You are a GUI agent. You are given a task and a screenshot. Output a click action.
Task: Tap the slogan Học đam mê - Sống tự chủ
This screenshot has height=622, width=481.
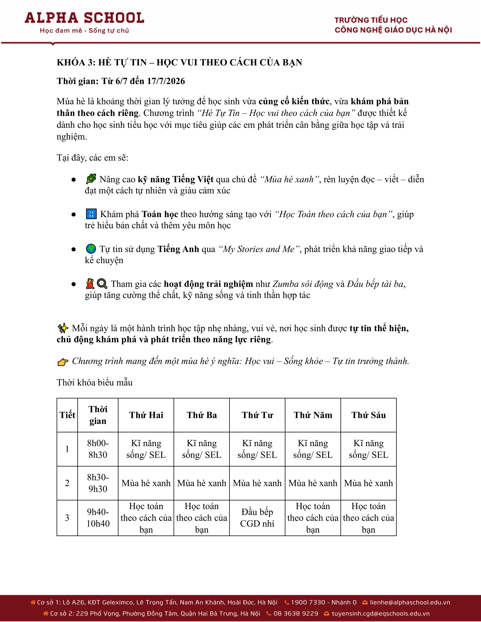84,31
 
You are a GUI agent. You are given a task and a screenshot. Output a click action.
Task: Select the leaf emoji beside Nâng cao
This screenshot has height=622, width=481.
91,179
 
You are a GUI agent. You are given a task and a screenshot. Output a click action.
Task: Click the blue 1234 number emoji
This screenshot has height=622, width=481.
91,214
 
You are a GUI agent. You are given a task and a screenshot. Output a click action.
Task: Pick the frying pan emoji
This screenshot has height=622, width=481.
102,284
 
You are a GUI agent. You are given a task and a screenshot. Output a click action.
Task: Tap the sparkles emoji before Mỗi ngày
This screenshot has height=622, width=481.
63,328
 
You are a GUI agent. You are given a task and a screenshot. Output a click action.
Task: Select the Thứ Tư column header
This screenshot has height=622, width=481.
257,415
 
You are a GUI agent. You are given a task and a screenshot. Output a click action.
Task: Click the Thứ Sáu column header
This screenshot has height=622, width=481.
368,415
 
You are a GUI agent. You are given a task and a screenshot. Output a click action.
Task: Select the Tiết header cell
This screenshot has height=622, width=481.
67,415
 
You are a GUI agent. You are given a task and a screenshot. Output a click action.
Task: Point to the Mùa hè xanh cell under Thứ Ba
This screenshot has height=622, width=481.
202,483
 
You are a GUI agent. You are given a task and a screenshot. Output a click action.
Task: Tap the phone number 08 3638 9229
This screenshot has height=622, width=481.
296,614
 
